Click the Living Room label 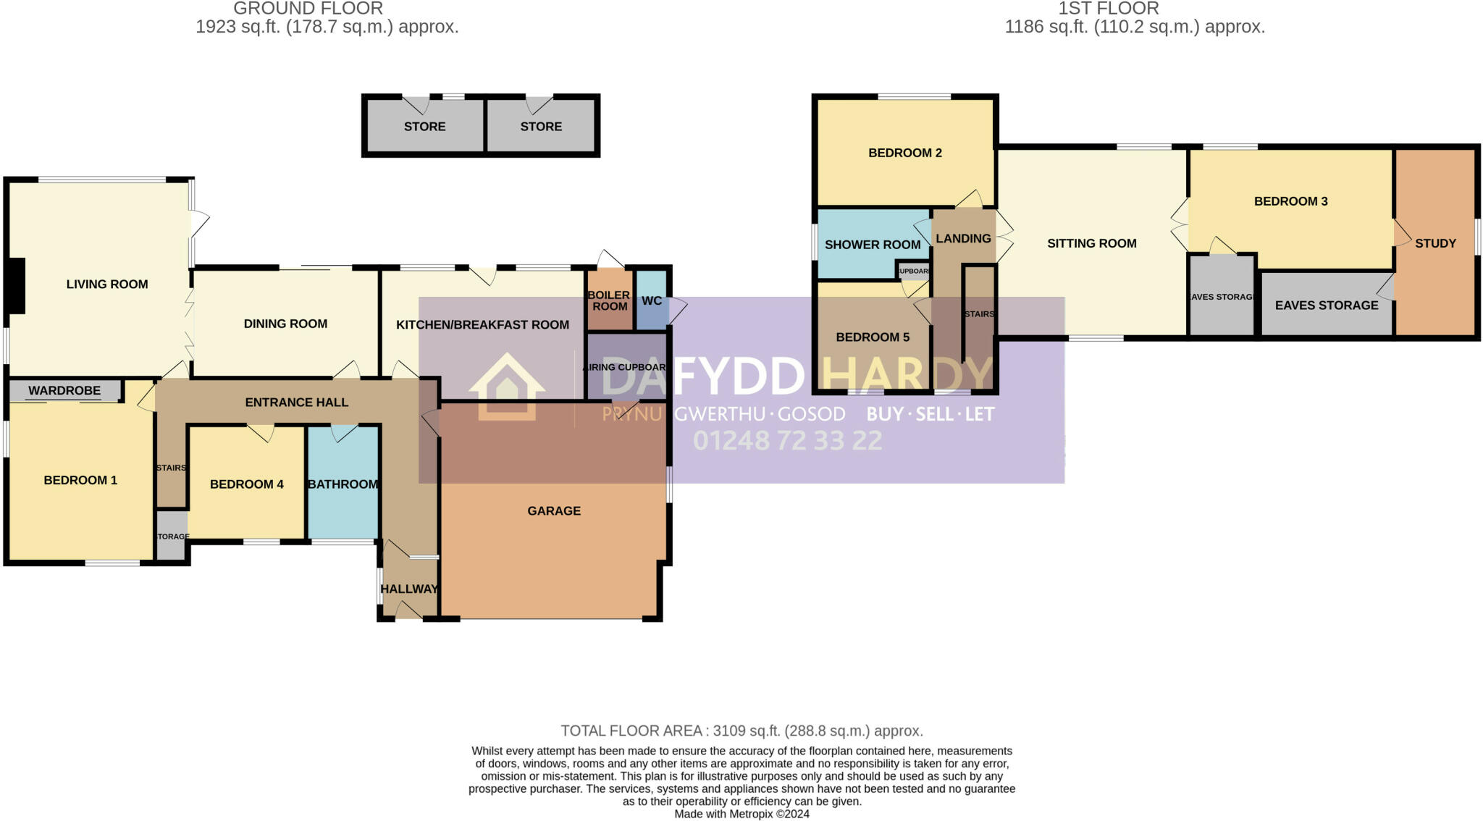point(107,285)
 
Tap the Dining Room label point(285,324)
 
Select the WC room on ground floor point(651,300)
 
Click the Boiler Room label point(609,300)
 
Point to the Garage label point(554,511)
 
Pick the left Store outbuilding point(424,127)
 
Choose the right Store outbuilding point(541,127)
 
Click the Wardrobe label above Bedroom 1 point(64,391)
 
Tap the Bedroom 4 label point(246,484)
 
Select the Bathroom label point(343,484)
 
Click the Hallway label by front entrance point(409,589)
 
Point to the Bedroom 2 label point(905,153)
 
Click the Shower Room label point(873,245)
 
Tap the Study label point(1435,243)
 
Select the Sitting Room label point(1091,243)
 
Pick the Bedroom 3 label point(1290,201)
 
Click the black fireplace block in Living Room point(17,286)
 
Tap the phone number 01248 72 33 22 point(788,441)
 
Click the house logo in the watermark point(507,387)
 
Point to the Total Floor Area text point(741,731)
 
